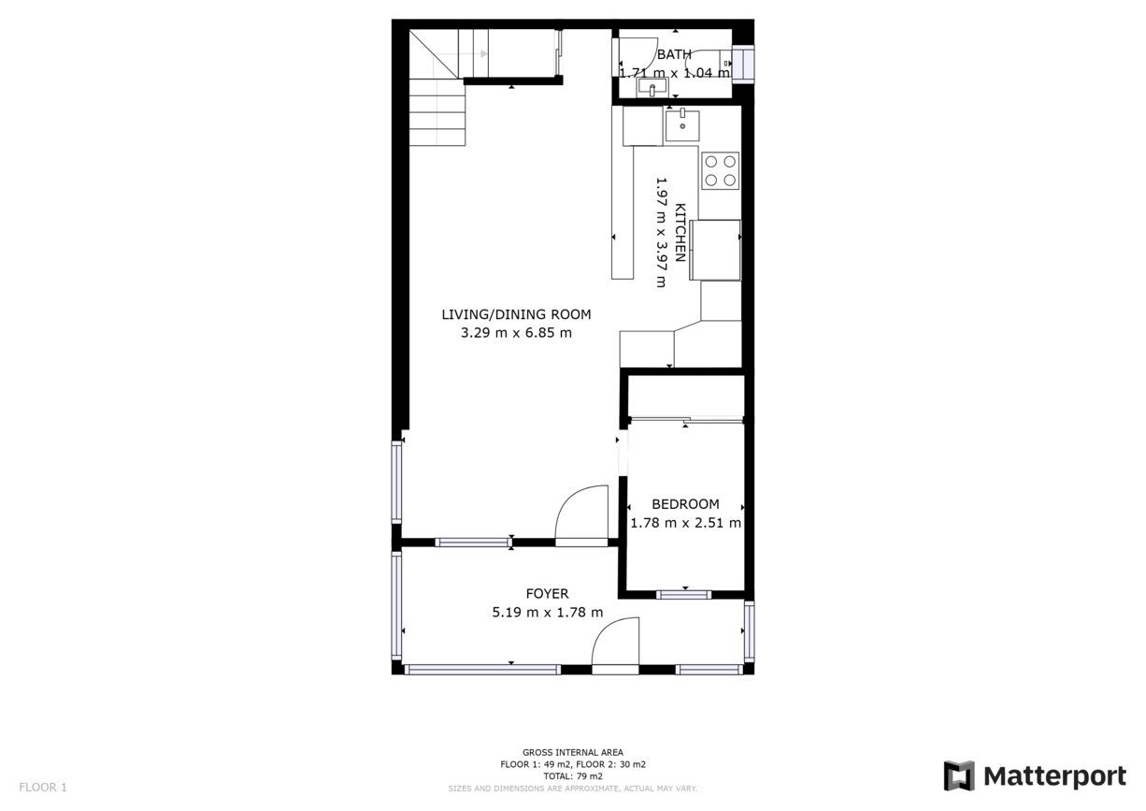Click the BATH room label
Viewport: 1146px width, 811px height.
coord(674,54)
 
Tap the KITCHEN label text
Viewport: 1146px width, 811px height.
coord(680,232)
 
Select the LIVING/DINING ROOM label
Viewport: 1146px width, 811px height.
coord(516,314)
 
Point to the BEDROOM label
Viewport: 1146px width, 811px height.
coord(685,504)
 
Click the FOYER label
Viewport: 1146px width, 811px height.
coord(547,593)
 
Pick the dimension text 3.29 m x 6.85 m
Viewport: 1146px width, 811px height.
coord(516,332)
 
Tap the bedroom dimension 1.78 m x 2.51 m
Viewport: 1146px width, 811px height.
coord(685,523)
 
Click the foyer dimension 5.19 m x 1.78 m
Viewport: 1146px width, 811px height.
coord(547,612)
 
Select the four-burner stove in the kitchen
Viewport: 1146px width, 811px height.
coord(720,171)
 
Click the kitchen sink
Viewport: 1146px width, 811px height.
coord(682,124)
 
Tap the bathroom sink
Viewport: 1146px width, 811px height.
coord(652,88)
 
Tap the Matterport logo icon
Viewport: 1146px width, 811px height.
coord(959,776)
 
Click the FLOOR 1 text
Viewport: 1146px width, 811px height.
coord(43,787)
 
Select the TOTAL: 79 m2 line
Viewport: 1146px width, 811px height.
coord(572,776)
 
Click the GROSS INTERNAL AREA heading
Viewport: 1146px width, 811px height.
coord(572,752)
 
